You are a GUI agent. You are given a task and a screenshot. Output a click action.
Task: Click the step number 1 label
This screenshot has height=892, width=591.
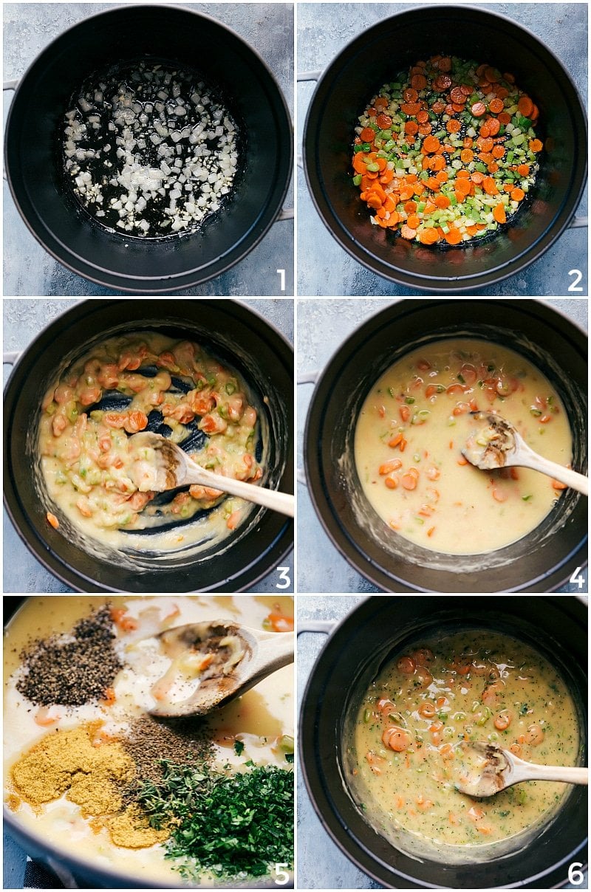(x=281, y=280)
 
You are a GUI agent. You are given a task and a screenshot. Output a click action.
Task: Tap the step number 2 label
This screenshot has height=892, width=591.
(x=575, y=280)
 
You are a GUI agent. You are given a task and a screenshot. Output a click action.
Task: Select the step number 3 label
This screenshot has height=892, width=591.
(x=282, y=577)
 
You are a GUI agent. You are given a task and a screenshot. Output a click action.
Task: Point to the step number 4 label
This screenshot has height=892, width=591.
(x=576, y=577)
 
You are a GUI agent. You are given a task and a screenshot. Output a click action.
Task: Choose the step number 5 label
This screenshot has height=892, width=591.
(x=281, y=874)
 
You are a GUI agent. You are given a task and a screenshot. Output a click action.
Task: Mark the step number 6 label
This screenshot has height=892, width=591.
(x=575, y=874)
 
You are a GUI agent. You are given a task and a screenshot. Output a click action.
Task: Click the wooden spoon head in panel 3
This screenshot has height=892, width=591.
(x=157, y=462)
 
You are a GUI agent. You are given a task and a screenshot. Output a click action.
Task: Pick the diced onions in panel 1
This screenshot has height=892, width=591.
(x=151, y=148)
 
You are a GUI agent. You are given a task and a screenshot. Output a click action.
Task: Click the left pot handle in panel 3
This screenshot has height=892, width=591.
(x=10, y=358)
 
